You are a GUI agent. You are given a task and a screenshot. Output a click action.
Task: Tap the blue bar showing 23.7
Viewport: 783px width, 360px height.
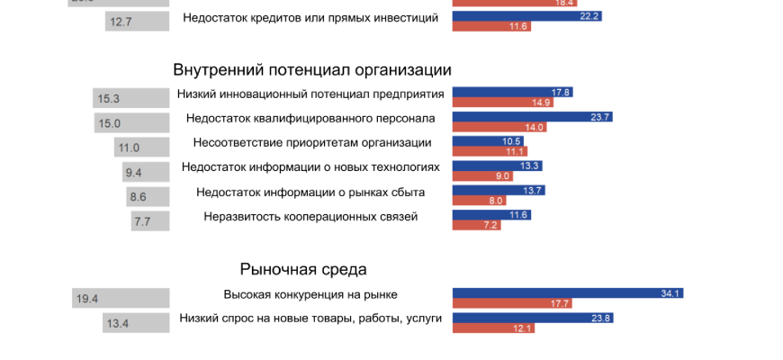point(533,117)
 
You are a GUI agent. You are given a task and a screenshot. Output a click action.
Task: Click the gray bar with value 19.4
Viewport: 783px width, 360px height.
point(121,299)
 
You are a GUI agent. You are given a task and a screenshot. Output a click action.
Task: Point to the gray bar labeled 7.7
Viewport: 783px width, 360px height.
point(150,220)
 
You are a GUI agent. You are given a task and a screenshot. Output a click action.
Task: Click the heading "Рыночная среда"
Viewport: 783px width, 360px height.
point(303,269)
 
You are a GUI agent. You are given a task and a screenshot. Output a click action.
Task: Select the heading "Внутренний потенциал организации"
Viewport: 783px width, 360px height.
point(312,70)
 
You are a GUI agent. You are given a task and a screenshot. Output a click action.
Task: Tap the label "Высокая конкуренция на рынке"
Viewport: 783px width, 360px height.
point(310,294)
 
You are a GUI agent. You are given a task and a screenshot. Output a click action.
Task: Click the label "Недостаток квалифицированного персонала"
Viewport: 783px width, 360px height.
point(310,118)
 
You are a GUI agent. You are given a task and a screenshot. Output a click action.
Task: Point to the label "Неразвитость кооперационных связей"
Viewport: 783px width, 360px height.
point(310,216)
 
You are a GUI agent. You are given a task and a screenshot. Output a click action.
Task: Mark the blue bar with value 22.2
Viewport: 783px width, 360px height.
point(527,16)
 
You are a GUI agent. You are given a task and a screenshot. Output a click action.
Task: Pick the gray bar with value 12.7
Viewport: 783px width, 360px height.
point(138,22)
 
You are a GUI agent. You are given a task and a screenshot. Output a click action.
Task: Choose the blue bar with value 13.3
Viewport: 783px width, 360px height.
point(497,166)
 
